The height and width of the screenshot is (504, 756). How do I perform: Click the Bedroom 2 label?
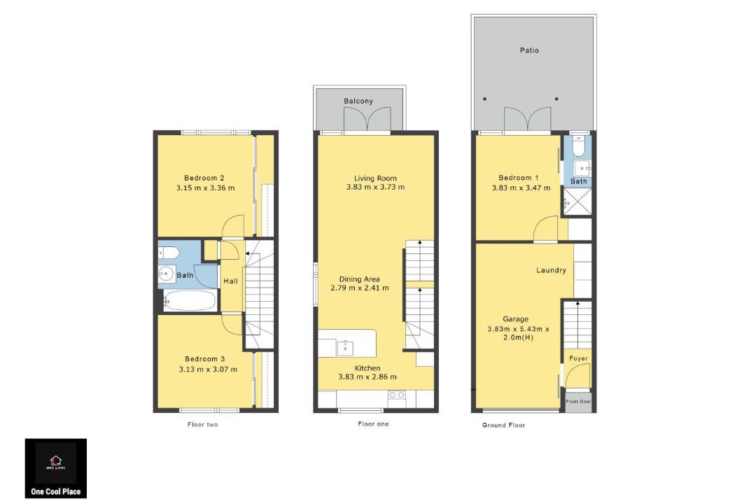(x=204, y=178)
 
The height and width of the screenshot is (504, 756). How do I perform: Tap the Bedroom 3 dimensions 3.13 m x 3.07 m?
(x=208, y=370)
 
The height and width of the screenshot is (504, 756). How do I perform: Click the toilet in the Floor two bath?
(x=169, y=252)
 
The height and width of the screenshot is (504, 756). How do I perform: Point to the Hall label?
(x=230, y=281)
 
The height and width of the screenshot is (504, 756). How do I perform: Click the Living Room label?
(x=375, y=178)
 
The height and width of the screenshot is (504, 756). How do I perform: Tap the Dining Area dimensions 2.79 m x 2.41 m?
(x=359, y=288)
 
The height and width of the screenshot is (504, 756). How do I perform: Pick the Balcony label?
(x=358, y=101)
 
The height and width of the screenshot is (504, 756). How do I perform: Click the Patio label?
(x=529, y=50)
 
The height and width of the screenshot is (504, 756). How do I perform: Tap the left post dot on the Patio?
(x=484, y=99)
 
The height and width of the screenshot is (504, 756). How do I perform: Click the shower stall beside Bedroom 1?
(x=577, y=202)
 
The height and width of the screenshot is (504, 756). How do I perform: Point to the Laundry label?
(x=551, y=270)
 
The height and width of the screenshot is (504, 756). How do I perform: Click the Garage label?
(x=515, y=318)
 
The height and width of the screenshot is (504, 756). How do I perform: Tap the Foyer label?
(x=579, y=358)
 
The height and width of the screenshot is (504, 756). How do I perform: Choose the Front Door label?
(x=578, y=401)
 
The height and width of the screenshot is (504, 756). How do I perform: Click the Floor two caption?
(x=202, y=424)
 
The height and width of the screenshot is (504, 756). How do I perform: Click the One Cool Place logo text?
(x=56, y=491)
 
